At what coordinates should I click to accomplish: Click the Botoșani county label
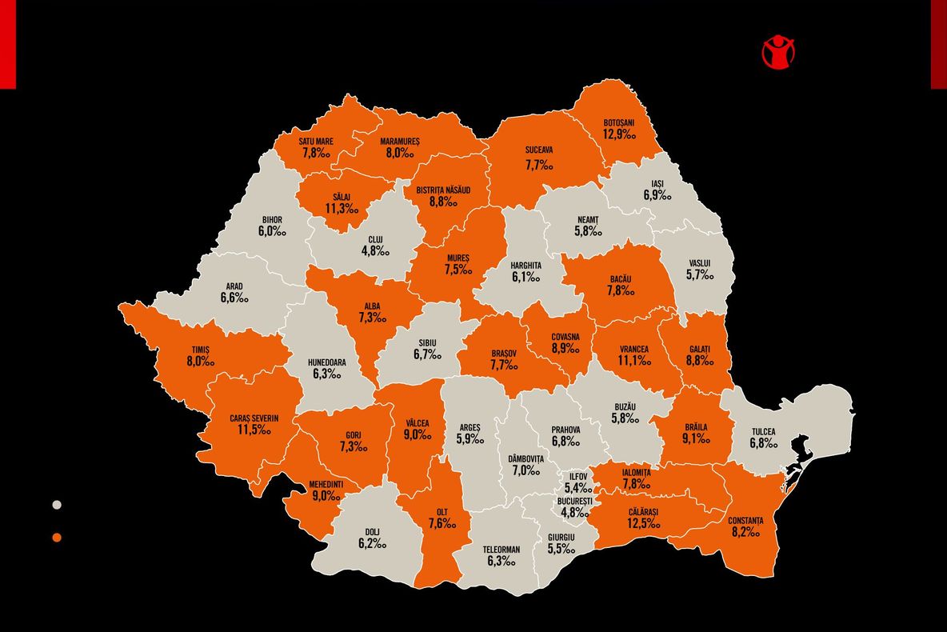click(x=618, y=122)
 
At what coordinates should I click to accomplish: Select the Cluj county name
click(x=375, y=239)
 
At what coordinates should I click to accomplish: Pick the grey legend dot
click(x=57, y=505)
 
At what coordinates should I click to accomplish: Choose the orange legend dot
click(x=57, y=537)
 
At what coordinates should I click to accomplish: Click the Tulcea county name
click(x=763, y=432)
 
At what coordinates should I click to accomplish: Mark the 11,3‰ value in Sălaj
click(x=342, y=209)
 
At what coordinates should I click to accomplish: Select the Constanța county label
click(x=745, y=521)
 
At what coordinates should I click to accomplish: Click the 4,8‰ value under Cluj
click(x=375, y=251)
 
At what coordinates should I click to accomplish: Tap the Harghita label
click(x=525, y=265)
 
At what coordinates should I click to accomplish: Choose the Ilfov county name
click(x=577, y=476)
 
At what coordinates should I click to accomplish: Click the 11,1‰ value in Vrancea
click(x=633, y=361)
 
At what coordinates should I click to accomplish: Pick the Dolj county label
click(x=373, y=532)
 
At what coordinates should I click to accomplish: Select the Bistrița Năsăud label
click(x=443, y=190)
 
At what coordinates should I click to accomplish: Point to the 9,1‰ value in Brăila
click(x=696, y=438)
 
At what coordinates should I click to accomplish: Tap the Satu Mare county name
click(x=316, y=142)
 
